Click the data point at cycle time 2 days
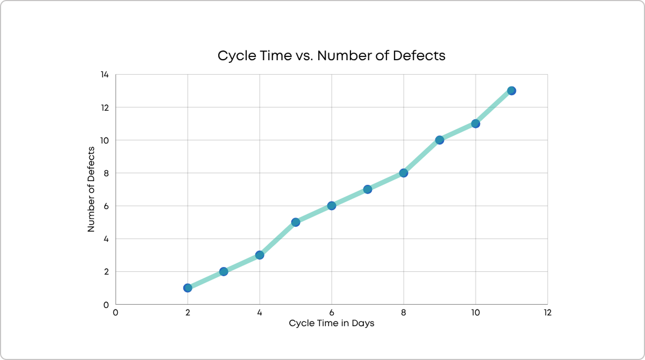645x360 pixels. tap(188, 288)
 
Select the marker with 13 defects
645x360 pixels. tap(511, 91)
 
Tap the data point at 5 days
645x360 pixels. tap(296, 222)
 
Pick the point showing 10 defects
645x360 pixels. tap(439, 140)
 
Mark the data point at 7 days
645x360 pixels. tap(368, 189)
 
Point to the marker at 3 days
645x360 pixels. tap(224, 271)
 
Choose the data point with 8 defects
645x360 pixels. tap(404, 173)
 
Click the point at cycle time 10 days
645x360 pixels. tap(475, 124)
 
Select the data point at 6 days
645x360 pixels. tap(332, 206)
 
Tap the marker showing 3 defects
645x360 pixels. tap(260, 255)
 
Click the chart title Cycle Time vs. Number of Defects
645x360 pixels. tap(331, 56)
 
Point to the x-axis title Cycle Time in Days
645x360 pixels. tap(331, 323)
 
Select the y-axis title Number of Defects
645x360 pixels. tap(91, 189)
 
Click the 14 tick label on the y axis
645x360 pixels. tap(104, 75)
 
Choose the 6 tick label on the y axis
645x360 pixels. tap(106, 206)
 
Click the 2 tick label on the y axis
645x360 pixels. tap(106, 271)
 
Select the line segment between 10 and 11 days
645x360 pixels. tap(493, 107)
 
